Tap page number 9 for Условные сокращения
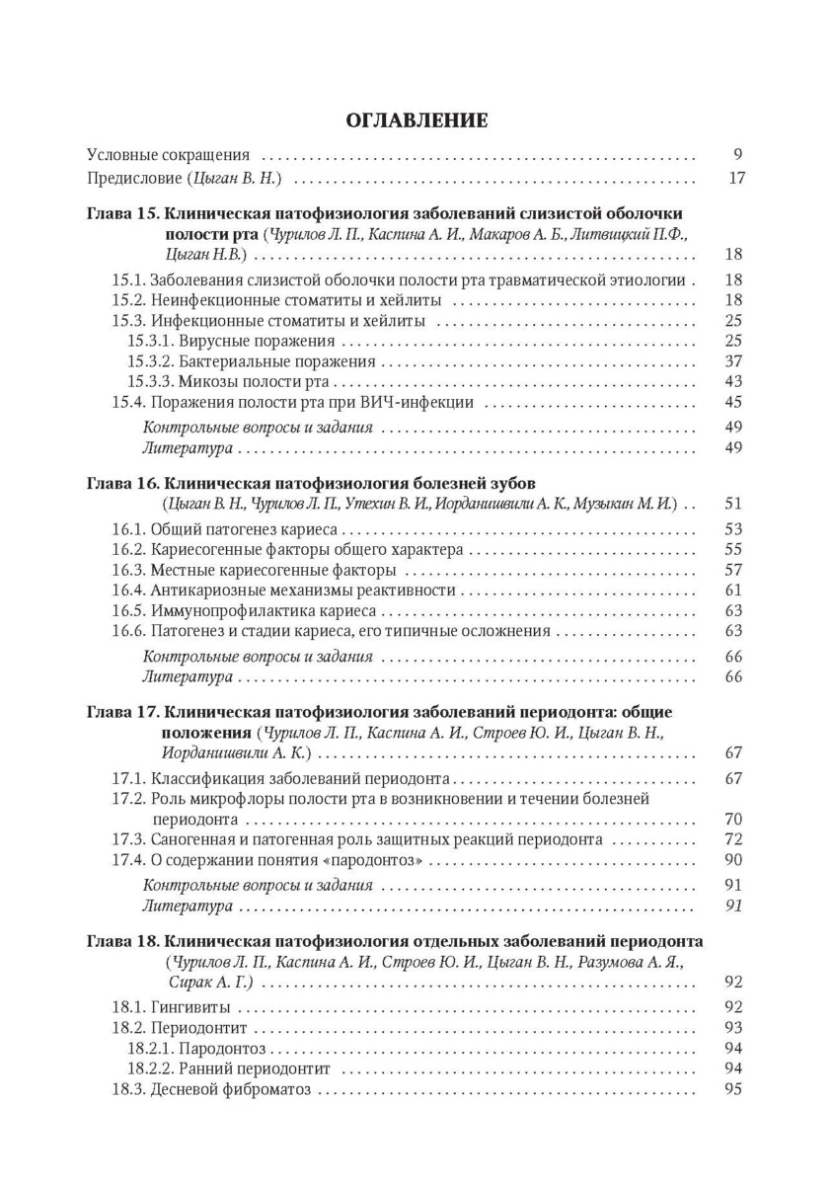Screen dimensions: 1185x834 tap(736, 154)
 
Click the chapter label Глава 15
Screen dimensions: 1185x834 tap(121, 213)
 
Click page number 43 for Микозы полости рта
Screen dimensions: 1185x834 tap(732, 381)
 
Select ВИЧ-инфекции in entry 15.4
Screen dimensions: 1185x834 tap(429, 402)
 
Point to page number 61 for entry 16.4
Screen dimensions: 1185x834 tap(732, 590)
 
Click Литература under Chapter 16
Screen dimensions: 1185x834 tap(188, 676)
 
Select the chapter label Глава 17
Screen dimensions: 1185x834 tap(121, 711)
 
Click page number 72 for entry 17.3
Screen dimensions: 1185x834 tap(732, 838)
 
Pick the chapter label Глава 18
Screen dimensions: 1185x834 tap(121, 939)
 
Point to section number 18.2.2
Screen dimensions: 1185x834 tap(151, 1068)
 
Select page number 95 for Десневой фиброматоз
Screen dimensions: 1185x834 tap(732, 1090)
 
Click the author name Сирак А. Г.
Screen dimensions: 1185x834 tap(210, 983)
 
